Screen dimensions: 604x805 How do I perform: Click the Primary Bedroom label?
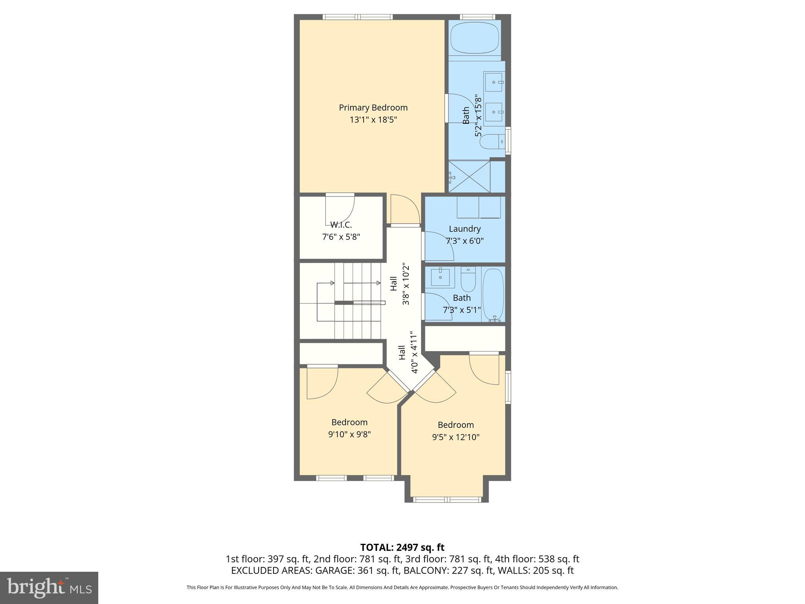click(x=373, y=108)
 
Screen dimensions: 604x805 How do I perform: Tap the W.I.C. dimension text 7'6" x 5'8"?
click(x=341, y=237)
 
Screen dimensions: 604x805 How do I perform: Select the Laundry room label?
click(x=465, y=229)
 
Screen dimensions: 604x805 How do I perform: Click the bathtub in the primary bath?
click(x=474, y=40)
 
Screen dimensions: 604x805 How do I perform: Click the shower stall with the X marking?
click(x=469, y=177)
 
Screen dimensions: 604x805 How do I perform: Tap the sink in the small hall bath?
click(x=440, y=278)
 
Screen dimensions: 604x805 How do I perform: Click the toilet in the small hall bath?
click(x=468, y=279)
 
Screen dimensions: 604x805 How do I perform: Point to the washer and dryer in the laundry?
click(x=478, y=207)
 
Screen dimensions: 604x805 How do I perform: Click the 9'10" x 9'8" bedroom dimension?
click(x=349, y=435)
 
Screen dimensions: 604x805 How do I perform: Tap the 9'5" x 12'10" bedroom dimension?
click(x=456, y=437)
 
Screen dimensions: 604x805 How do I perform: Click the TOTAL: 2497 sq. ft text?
click(x=402, y=547)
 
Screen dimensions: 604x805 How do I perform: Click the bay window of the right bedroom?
click(x=447, y=499)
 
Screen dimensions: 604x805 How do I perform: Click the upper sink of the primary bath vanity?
click(x=494, y=82)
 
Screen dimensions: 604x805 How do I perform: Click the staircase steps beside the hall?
click(x=358, y=301)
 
